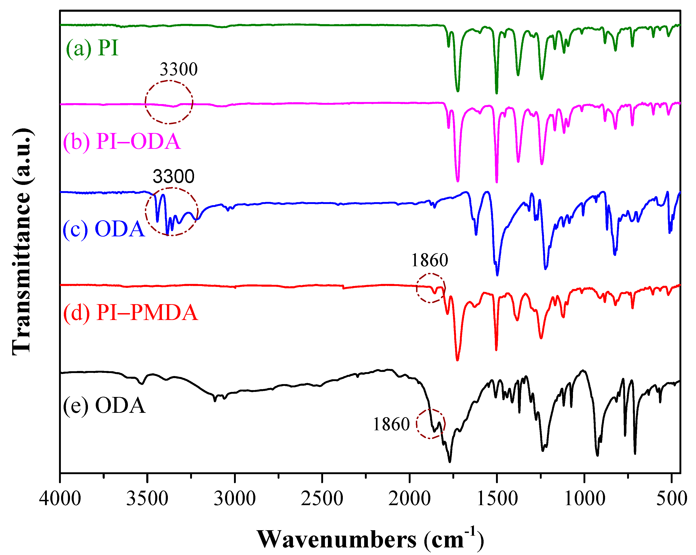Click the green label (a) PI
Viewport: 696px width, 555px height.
pyautogui.click(x=92, y=48)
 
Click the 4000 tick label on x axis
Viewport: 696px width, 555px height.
pyautogui.click(x=60, y=498)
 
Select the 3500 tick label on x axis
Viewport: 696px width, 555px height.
pyautogui.click(x=147, y=498)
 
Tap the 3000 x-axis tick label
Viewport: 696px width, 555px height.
pyautogui.click(x=235, y=498)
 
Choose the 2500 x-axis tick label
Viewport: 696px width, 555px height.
pyautogui.click(x=322, y=498)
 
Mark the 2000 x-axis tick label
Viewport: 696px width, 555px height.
pyautogui.click(x=409, y=498)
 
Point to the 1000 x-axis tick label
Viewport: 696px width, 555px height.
pyautogui.click(x=584, y=498)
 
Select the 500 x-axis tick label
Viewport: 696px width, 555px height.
pyautogui.click(x=671, y=498)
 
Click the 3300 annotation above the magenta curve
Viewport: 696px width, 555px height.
pyautogui.click(x=178, y=69)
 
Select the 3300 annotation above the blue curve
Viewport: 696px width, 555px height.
pyautogui.click(x=173, y=176)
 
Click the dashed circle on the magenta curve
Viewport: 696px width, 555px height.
pyautogui.click(x=169, y=102)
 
